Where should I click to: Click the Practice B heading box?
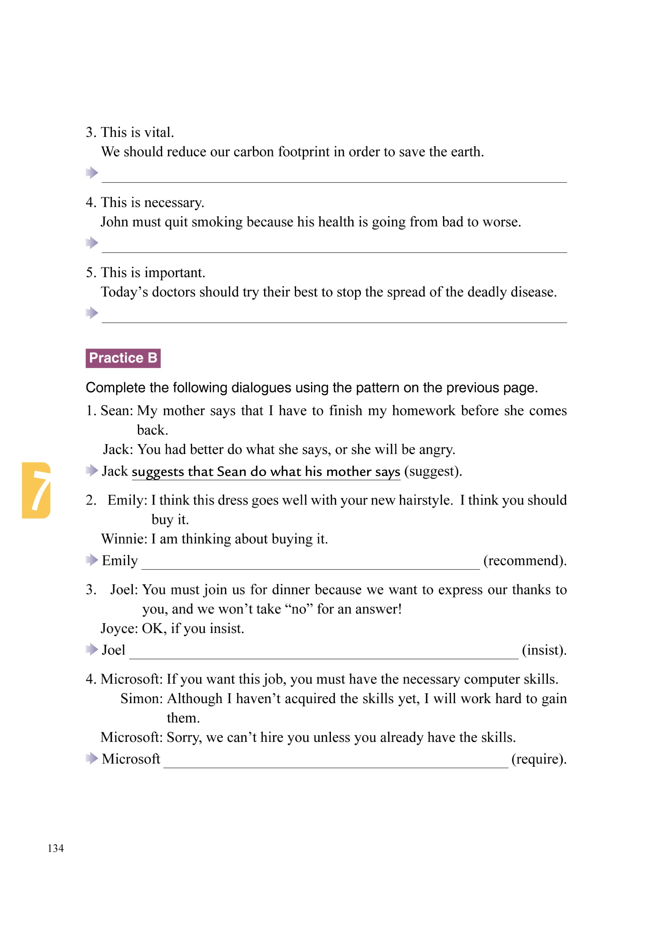(123, 358)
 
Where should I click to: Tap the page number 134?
(56, 848)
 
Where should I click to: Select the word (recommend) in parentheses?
(525, 560)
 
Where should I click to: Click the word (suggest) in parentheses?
(433, 471)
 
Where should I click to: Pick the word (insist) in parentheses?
(544, 650)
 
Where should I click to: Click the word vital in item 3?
(159, 132)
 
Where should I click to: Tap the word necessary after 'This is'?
(174, 202)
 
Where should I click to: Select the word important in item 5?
(175, 272)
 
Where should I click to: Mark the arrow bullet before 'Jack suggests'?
(92, 470)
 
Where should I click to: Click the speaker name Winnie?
(123, 538)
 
